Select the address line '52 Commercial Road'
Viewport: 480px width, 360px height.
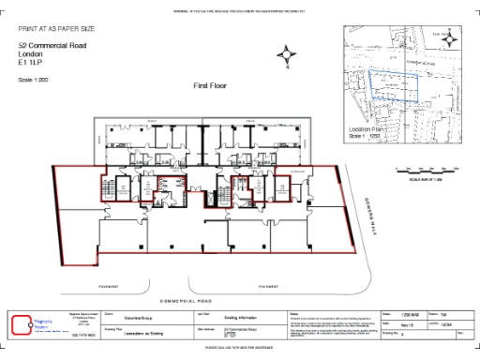point(46,46)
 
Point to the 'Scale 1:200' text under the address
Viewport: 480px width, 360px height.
point(33,81)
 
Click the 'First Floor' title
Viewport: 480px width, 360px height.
point(211,85)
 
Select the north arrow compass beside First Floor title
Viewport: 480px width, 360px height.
point(288,58)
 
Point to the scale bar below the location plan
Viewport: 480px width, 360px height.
point(427,170)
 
